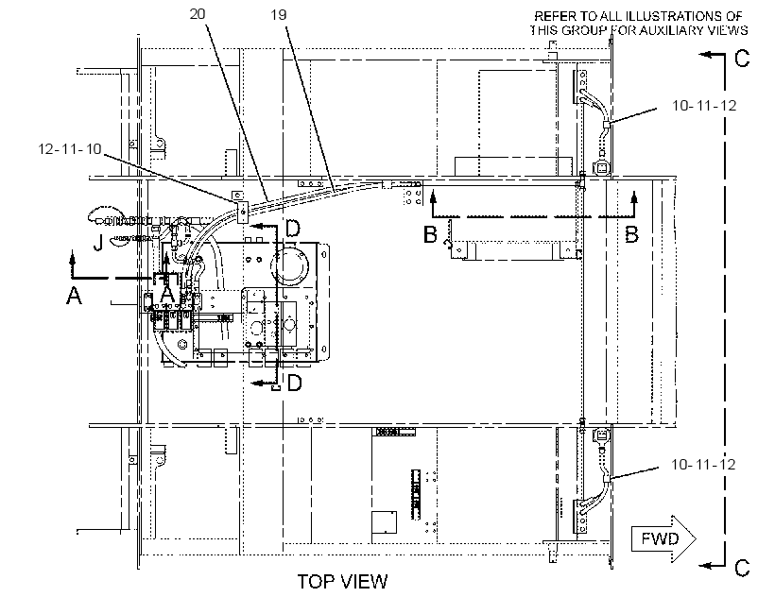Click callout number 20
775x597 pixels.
(x=198, y=14)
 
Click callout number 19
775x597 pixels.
(x=279, y=15)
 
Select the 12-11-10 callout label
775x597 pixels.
(x=70, y=148)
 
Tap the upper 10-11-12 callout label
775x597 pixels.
(x=704, y=105)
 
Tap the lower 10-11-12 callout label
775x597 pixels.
(x=703, y=464)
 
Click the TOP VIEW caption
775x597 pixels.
(x=342, y=581)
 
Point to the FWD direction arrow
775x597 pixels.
(x=663, y=538)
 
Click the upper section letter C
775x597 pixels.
(x=742, y=59)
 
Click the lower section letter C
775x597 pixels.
(x=742, y=568)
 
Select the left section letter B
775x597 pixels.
(x=430, y=234)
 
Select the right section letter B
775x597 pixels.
(x=631, y=234)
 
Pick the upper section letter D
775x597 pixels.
(x=293, y=229)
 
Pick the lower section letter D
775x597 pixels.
(x=294, y=383)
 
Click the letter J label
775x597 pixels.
(x=98, y=243)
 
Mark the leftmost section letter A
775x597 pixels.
(x=74, y=296)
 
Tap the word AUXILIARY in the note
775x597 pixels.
(x=670, y=30)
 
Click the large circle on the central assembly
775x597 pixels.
(x=289, y=265)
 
